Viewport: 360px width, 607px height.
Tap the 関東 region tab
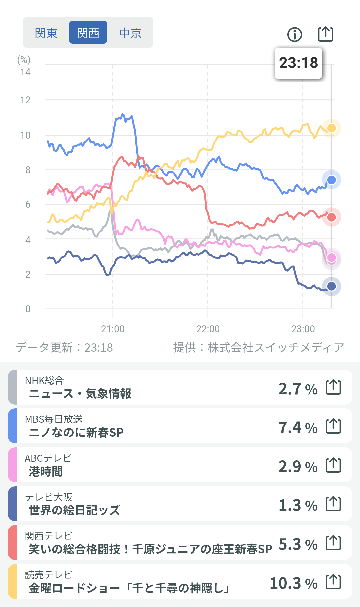[46, 33]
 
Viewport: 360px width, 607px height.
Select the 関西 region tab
[88, 33]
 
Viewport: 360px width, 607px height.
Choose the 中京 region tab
[130, 33]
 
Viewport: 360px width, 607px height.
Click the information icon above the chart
[295, 34]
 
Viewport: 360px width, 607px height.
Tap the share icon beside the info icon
[325, 34]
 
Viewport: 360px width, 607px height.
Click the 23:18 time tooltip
[298, 63]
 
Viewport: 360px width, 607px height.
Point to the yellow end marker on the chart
[331, 128]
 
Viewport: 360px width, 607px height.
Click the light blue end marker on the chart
[331, 180]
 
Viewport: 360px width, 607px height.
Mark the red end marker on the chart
[331, 217]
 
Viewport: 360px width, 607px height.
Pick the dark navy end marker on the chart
[331, 286]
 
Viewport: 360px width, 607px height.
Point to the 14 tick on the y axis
[25, 72]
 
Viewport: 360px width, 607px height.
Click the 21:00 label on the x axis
[113, 329]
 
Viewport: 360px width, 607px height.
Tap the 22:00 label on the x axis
[208, 329]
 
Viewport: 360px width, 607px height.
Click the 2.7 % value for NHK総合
[298, 389]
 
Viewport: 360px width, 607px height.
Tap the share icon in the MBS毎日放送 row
[333, 426]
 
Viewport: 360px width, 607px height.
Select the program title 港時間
[46, 471]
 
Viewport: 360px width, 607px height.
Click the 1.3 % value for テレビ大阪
[298, 505]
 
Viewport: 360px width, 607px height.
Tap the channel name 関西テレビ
[48, 536]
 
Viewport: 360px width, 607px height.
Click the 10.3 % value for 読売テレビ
[293, 583]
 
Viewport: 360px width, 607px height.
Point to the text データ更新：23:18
[64, 347]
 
